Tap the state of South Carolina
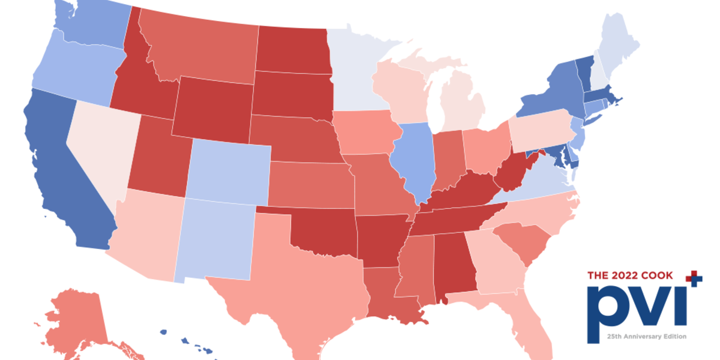click(521, 240)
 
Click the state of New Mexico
click(219, 237)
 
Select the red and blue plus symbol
click(694, 277)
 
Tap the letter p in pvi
click(608, 309)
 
